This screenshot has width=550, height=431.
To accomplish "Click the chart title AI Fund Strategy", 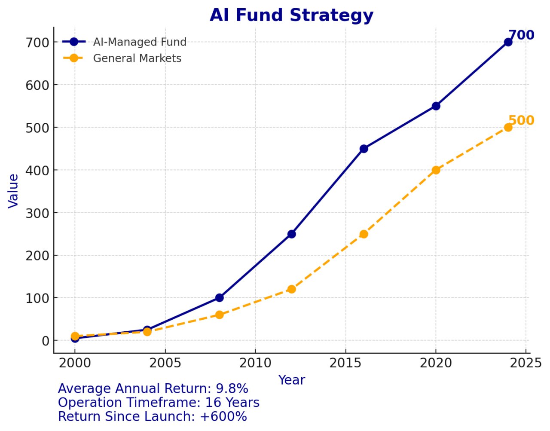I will pos(291,15).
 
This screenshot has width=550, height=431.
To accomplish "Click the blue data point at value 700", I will pos(508,42).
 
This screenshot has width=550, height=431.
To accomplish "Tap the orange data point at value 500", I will pos(508,127).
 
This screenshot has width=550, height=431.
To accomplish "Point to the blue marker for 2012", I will pos(291,234).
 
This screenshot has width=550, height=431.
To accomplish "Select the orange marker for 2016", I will pos(364,234).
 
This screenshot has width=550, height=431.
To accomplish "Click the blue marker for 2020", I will pos(436,106).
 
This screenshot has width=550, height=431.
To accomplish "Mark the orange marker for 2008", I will pos(219,315).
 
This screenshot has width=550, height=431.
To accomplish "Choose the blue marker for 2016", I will pos(364,149).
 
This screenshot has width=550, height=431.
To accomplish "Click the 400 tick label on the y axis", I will pos(37,170).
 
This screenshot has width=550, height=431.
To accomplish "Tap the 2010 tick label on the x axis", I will pos(255,363).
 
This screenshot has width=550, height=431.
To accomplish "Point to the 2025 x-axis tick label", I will pos(526,363).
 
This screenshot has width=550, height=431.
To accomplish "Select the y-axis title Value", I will pos(13,191).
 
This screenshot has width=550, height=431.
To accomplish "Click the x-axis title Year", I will pos(291,380).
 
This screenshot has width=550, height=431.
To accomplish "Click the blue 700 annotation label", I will pos(521,35).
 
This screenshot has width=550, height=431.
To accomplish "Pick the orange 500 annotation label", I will pos(521,120).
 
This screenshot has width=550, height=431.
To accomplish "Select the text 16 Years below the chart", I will pos(232,403).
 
